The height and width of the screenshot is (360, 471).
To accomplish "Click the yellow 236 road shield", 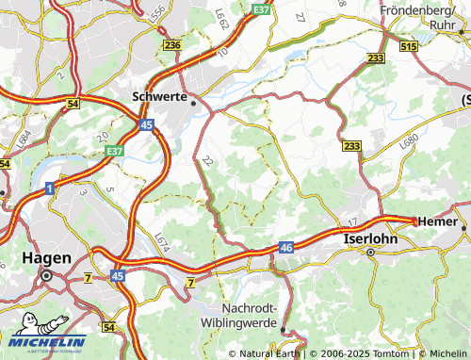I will tap(172, 45).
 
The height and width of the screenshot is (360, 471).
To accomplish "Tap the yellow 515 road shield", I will tap(408, 46).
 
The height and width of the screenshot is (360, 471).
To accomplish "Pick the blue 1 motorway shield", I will tap(47, 189).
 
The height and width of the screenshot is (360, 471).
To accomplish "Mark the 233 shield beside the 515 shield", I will tap(376, 57).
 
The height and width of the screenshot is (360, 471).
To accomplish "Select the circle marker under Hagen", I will tap(44, 276).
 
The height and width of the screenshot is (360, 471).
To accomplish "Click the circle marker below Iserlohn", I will tap(370, 253).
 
